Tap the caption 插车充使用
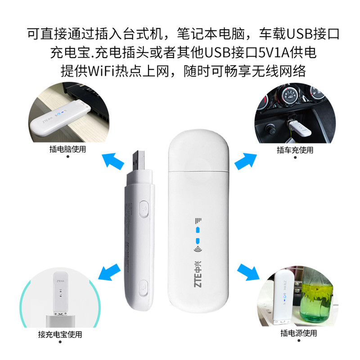point(295,150)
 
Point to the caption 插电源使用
point(297,333)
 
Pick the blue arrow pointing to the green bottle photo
point(247,270)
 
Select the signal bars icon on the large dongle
point(198,220)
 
